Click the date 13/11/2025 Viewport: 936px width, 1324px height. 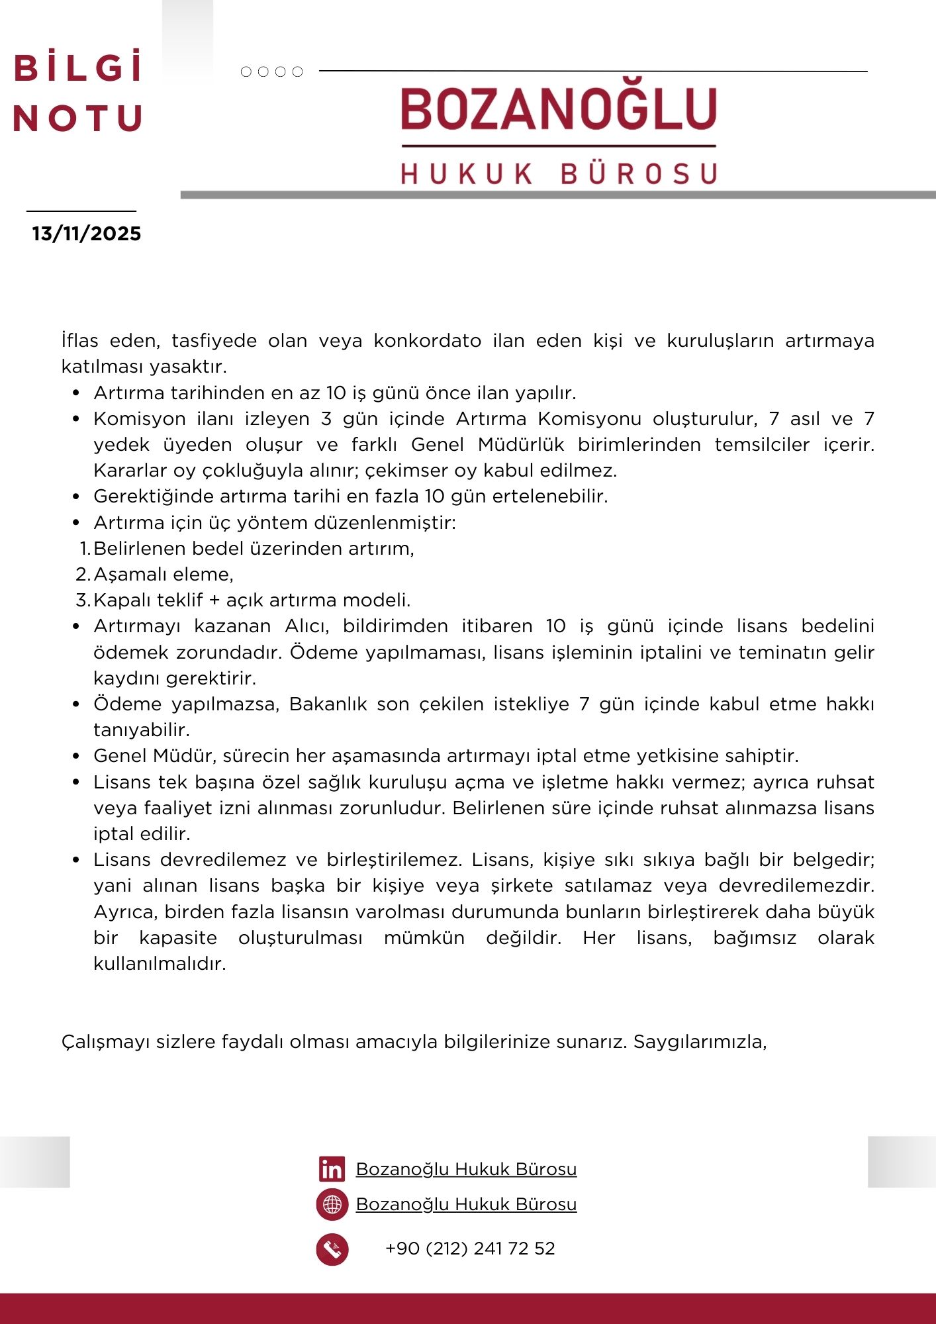[87, 234]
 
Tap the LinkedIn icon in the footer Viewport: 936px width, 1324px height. [332, 1169]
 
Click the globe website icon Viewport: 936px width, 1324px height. [332, 1204]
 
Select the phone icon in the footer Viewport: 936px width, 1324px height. [332, 1249]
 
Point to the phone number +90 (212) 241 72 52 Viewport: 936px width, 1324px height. [470, 1249]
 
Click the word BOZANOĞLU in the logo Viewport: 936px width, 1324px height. [559, 110]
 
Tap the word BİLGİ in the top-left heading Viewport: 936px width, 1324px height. [78, 68]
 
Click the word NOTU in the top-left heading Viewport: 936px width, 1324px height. [78, 118]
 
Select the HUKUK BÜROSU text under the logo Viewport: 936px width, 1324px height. [559, 173]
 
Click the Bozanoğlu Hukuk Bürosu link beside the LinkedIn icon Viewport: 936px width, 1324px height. [466, 1169]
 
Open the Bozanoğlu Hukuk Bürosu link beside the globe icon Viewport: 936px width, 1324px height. [466, 1204]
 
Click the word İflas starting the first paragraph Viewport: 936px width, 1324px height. [79, 341]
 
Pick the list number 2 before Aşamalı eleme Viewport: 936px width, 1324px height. [82, 575]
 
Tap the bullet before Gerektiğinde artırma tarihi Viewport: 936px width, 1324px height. [76, 496]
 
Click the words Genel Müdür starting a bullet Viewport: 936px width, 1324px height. [152, 756]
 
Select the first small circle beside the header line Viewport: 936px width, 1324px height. [246, 71]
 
